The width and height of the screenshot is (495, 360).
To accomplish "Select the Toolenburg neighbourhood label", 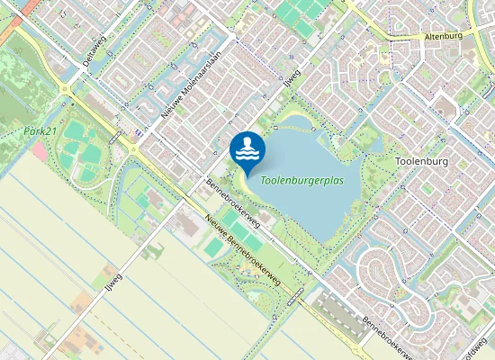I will pos(421,162).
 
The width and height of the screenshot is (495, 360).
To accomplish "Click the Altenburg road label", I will pos(443,37).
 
